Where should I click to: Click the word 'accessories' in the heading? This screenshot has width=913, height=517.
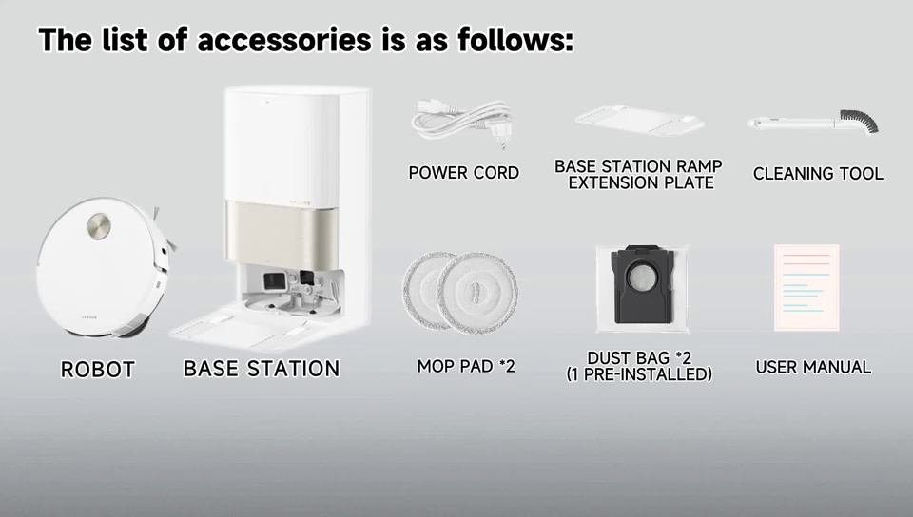[x=284, y=40]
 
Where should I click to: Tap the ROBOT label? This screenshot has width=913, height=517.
[x=98, y=370]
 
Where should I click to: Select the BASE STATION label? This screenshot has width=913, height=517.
[x=262, y=369]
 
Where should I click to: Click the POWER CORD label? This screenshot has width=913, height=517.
[x=463, y=173]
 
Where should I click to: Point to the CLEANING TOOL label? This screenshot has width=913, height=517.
[x=818, y=173]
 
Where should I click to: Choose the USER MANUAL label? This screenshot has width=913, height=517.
[x=813, y=367]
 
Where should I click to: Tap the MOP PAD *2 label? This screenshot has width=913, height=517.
[x=466, y=367]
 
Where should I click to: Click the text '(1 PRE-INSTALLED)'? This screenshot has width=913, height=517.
[x=639, y=373]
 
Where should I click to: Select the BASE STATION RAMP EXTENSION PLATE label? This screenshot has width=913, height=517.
[x=639, y=175]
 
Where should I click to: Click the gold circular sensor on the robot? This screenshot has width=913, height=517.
[x=99, y=225]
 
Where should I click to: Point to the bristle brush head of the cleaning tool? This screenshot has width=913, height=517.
[x=859, y=120]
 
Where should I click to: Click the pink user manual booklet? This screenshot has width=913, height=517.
[x=806, y=288]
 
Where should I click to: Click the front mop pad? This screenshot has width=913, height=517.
[x=477, y=293]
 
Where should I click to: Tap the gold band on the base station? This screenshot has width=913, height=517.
[x=282, y=234]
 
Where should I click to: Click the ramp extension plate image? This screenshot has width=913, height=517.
[x=639, y=120]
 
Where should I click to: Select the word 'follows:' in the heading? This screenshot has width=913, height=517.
[x=515, y=40]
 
